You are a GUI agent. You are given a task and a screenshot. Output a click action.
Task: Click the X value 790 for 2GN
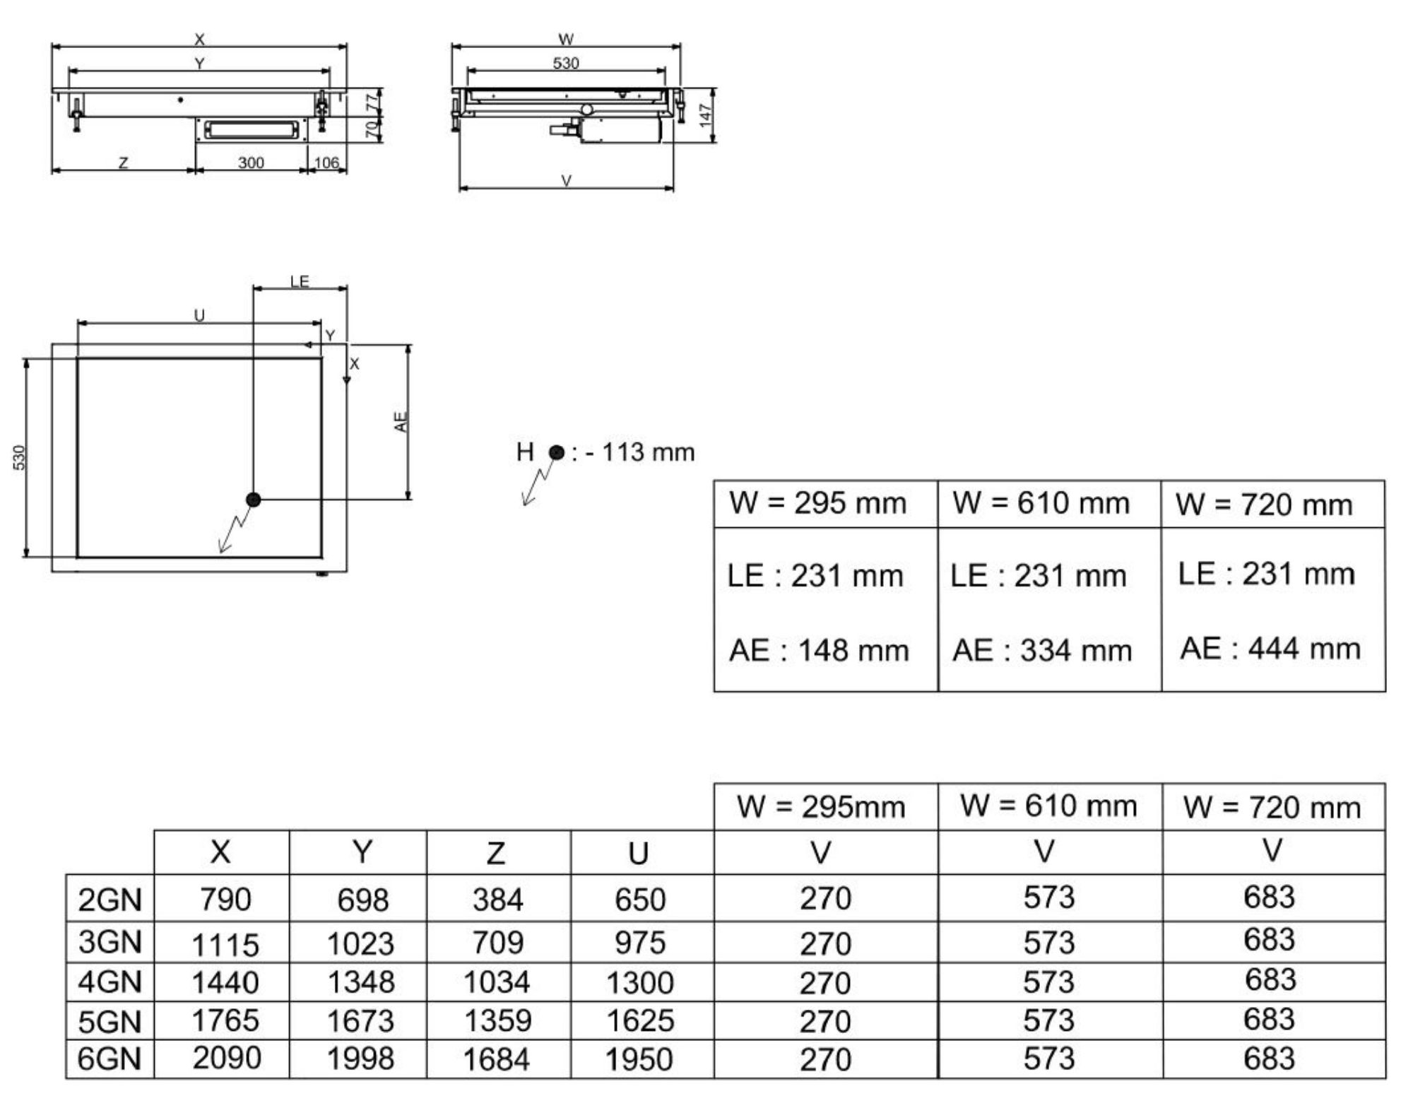(x=225, y=900)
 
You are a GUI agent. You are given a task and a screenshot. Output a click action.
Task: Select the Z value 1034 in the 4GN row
(x=496, y=982)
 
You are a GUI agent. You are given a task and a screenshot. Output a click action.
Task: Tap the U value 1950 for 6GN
(x=639, y=1059)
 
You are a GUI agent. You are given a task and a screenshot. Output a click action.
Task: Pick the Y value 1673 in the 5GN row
(x=360, y=1020)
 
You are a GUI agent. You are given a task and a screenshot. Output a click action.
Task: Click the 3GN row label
(x=110, y=942)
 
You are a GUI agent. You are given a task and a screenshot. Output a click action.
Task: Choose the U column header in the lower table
(x=638, y=854)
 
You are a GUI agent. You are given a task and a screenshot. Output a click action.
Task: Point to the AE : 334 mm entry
(x=1042, y=650)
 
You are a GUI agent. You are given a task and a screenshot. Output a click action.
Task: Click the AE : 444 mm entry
(x=1270, y=648)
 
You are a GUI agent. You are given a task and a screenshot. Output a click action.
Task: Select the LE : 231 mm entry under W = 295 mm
(x=815, y=576)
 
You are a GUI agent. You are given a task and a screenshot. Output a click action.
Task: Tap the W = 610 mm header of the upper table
(x=1041, y=503)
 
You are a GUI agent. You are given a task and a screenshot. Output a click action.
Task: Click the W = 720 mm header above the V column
(x=1272, y=807)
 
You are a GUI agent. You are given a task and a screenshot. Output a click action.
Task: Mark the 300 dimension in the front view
(x=251, y=163)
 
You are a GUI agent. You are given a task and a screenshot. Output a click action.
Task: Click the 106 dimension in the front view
(x=326, y=163)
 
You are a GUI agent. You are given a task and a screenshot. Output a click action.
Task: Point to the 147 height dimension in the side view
(x=704, y=115)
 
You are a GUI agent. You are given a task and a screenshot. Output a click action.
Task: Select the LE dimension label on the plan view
(x=300, y=281)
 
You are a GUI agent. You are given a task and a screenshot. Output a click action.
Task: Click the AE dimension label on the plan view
(x=401, y=422)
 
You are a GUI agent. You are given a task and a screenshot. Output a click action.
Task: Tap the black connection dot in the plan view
(x=254, y=500)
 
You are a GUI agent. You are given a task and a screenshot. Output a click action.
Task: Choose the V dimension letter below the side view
(x=566, y=181)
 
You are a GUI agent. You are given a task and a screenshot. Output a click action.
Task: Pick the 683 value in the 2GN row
(x=1270, y=897)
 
